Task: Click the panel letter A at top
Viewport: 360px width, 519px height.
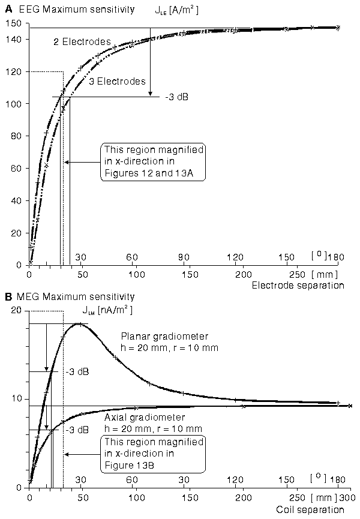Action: tap(7, 10)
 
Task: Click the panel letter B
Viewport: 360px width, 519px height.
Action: tap(7, 296)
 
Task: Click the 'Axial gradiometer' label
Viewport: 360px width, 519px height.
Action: tap(152, 417)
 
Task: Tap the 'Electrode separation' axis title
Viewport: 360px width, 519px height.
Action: tap(307, 286)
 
